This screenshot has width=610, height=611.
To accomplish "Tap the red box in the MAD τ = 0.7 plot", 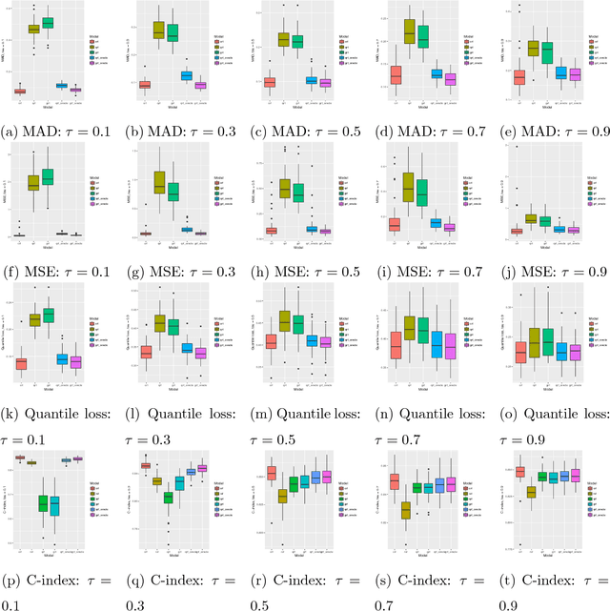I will coord(396,73).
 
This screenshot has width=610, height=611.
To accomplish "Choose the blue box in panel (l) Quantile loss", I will coord(188,348).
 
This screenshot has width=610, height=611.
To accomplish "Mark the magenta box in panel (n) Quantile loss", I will coord(451,346).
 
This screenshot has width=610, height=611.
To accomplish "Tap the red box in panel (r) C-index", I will coord(272,473).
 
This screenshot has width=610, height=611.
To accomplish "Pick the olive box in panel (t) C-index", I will coord(531,492).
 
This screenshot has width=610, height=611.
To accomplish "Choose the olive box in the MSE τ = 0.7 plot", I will coord(408,188).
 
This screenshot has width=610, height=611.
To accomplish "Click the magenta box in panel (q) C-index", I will coord(201,468).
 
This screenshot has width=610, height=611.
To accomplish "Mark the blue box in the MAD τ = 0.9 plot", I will coord(560,72).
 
